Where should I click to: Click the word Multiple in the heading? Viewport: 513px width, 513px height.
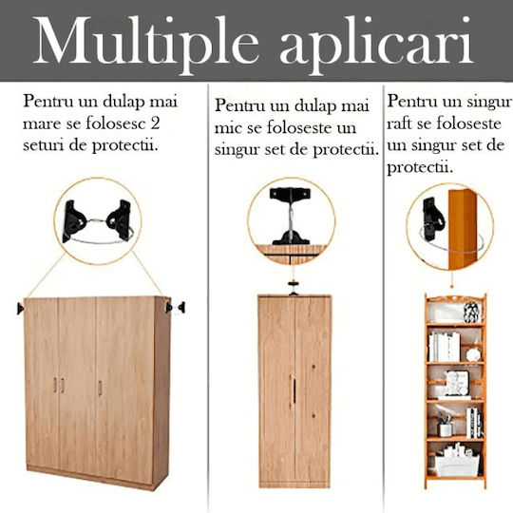(146, 42)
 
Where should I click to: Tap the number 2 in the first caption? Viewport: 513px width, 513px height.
(155, 123)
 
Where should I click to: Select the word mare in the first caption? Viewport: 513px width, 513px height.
(42, 124)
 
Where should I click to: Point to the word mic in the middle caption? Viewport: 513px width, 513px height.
(228, 127)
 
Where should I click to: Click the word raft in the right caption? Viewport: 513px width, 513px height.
(399, 123)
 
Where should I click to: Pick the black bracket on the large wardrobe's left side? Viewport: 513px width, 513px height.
(20, 309)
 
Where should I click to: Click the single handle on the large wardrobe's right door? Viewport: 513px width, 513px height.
(100, 388)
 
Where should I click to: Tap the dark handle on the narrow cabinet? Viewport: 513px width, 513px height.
(294, 390)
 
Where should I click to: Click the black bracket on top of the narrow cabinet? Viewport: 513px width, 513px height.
(294, 288)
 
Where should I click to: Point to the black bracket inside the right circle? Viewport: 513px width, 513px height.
(433, 218)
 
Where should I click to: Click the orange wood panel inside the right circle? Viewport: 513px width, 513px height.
(463, 229)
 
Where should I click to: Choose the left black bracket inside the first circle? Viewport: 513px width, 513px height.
(73, 220)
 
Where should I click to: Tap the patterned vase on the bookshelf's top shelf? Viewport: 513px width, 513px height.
(471, 312)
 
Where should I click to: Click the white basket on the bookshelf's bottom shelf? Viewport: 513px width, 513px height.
(457, 465)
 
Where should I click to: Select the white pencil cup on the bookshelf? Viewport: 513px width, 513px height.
(446, 430)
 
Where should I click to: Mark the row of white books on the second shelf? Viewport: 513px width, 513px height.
(445, 347)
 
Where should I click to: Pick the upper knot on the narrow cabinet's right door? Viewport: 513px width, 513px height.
(313, 366)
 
